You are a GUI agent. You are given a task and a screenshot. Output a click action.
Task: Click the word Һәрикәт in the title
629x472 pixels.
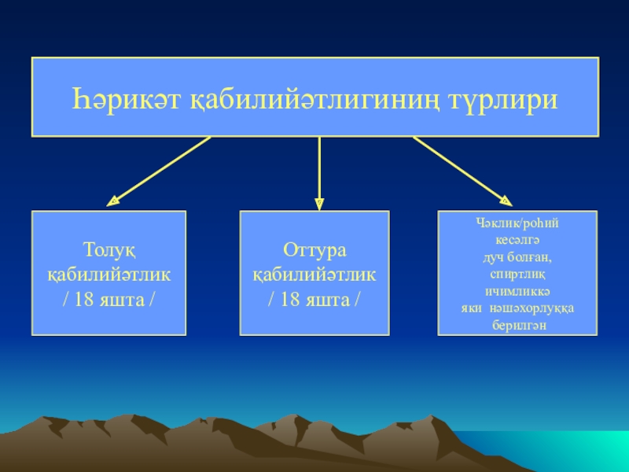[127, 99]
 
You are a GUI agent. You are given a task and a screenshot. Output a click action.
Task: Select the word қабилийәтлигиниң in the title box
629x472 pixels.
[314, 101]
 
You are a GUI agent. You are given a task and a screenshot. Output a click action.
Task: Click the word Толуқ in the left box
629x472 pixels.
[109, 251]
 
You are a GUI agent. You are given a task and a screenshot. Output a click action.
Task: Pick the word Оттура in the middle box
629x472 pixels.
[314, 251]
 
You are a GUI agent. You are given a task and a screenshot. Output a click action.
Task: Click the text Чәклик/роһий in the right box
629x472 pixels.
[517, 223]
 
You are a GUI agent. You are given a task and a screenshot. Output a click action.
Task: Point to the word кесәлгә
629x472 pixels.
[517, 241]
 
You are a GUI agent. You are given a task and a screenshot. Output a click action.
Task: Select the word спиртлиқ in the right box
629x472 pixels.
[517, 275]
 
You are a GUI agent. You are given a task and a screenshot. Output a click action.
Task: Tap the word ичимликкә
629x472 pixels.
[517, 291]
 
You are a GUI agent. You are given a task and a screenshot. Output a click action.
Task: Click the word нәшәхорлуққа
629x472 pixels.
[532, 308]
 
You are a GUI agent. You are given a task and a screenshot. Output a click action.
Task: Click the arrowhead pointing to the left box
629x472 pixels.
[113, 201]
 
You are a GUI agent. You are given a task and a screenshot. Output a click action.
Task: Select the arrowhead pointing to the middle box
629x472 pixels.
[319, 204]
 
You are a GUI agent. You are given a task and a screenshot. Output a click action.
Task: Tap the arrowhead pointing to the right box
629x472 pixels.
[506, 201]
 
